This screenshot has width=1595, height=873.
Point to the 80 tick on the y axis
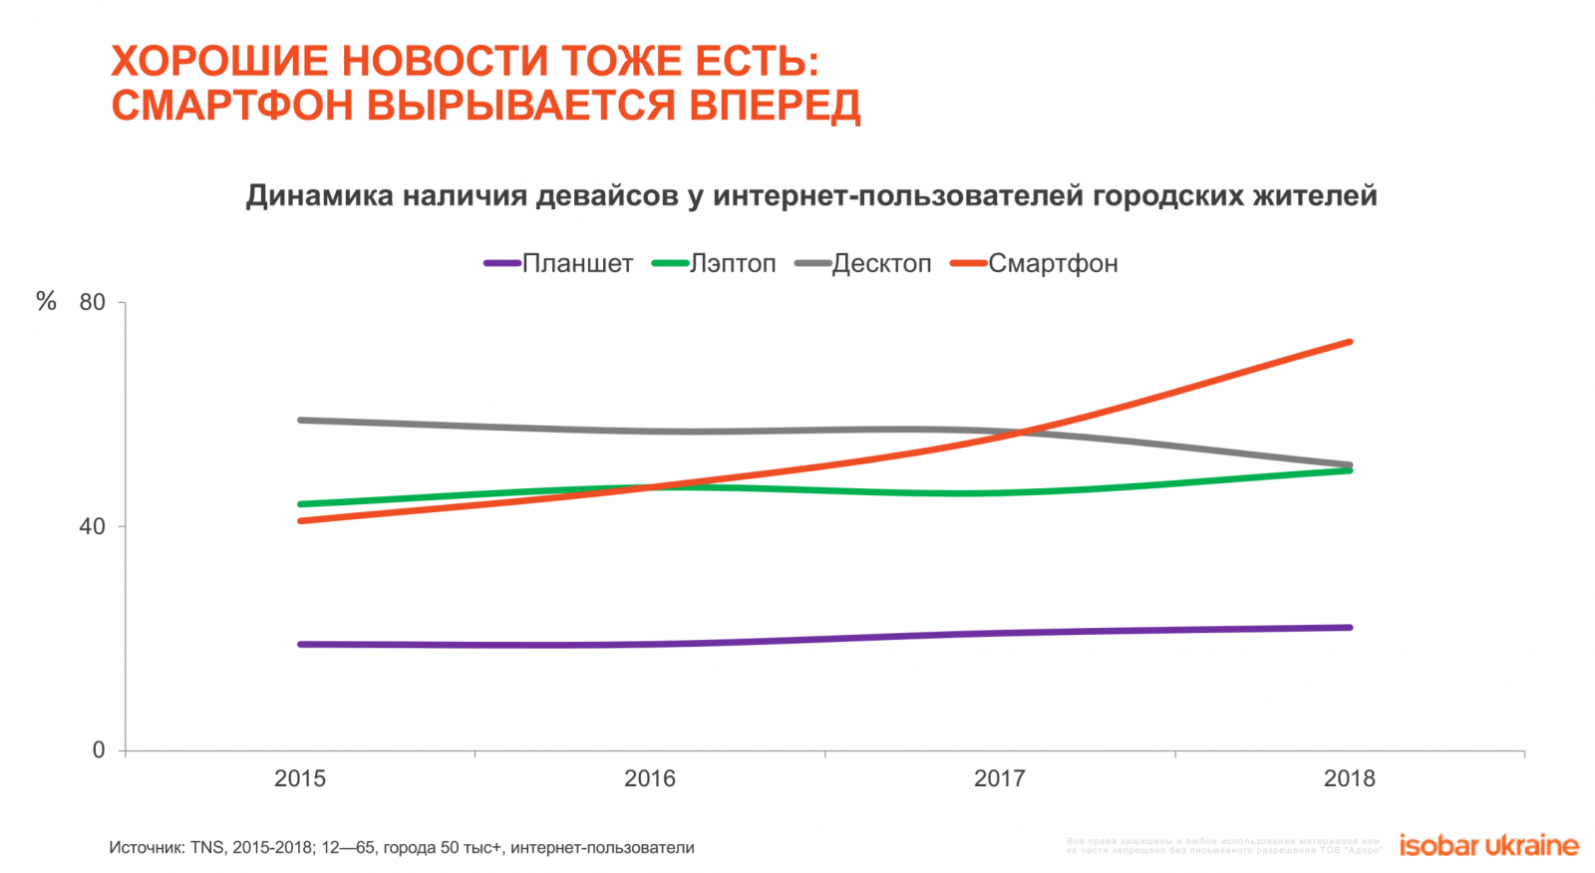click(93, 303)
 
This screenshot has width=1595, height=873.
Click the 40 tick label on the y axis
click(93, 526)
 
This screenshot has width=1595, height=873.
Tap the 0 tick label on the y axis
click(99, 750)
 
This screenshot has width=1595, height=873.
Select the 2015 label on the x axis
click(300, 779)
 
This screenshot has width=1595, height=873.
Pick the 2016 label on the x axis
click(650, 779)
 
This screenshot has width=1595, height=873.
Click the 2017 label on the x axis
click(1000, 779)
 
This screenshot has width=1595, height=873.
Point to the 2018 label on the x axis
click(1350, 779)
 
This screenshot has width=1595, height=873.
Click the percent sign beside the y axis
click(46, 302)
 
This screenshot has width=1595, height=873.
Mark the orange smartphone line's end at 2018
click(1350, 343)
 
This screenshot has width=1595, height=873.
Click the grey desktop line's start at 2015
click(300, 421)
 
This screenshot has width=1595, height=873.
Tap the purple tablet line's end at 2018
click(1350, 628)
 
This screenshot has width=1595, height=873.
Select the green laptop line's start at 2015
click(300, 504)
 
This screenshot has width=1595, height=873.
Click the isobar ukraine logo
click(1488, 846)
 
